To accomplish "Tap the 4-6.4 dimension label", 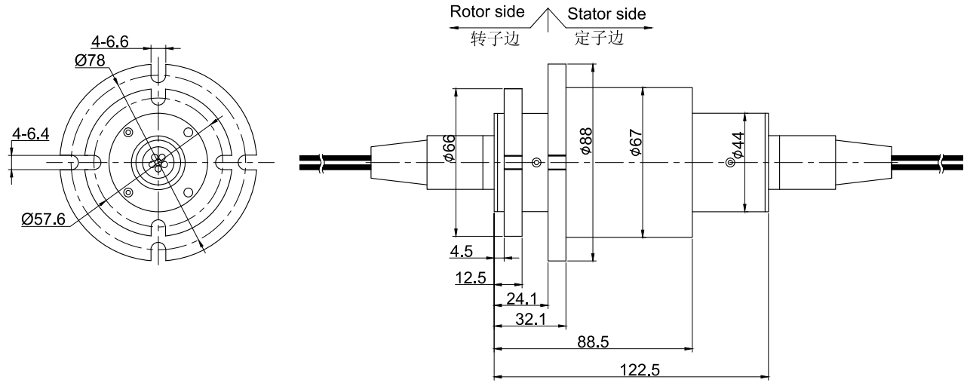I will point(31,134).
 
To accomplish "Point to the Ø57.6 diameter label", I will point(43,219).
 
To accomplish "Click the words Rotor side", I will point(487,14).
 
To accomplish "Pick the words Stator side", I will point(606,14).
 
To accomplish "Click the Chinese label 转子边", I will point(491,38).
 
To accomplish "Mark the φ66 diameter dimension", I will point(449,149).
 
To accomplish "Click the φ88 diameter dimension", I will point(586,141).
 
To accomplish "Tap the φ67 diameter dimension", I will point(636,142).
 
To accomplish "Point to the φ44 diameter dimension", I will point(738,145).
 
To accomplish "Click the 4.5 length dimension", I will point(461,251).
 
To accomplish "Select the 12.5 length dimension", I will point(469,278).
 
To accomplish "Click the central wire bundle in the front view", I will point(158,162).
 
